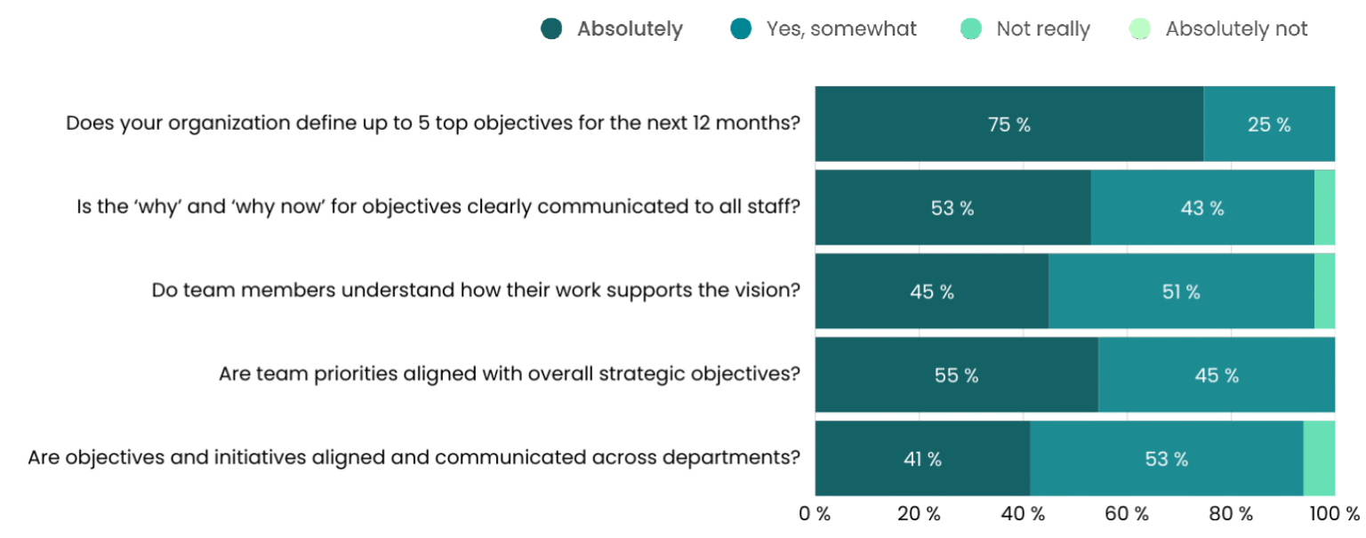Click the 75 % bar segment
coord(1009,124)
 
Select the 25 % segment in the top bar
coord(1269,124)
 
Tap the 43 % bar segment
coord(1202,208)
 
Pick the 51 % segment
coord(1181,292)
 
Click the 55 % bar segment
coord(956,375)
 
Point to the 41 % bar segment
coord(922,459)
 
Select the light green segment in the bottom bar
coord(1319,459)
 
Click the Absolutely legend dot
coord(551,29)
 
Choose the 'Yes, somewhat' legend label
coord(840,29)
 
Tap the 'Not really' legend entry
coord(1042,29)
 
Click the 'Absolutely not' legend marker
coord(1139,29)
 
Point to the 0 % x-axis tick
coord(815,514)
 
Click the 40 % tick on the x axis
coord(1023,514)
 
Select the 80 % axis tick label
coord(1231,514)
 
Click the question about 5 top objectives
coord(433,123)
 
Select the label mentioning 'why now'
coord(437,206)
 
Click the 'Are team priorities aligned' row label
coord(510,373)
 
